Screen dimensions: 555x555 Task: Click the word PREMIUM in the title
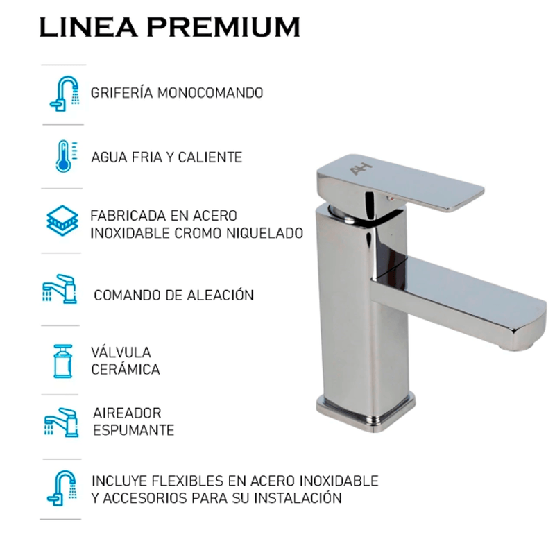point(223,27)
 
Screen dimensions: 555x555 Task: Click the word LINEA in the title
point(89,27)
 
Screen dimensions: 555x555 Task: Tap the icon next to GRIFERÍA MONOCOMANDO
point(64,94)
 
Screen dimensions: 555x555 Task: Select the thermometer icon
point(66,156)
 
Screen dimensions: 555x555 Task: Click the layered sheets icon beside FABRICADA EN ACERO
point(62,221)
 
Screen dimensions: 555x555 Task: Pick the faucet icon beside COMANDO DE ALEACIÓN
point(60,289)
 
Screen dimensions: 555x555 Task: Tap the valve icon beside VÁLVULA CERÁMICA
point(63,361)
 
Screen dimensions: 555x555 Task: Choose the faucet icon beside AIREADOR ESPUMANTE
point(61,422)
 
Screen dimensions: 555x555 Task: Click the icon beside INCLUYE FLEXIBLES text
point(62,488)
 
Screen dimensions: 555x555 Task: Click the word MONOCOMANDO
point(210,93)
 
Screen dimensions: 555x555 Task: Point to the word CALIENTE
point(210,157)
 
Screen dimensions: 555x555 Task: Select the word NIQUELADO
point(265,233)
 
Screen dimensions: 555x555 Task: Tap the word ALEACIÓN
point(220,294)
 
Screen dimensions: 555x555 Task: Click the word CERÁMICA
point(126,369)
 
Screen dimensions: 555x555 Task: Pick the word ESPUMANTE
point(134,430)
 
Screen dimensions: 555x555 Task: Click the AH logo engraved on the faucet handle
point(361,169)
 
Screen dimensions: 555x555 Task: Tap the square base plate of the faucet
point(366,411)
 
